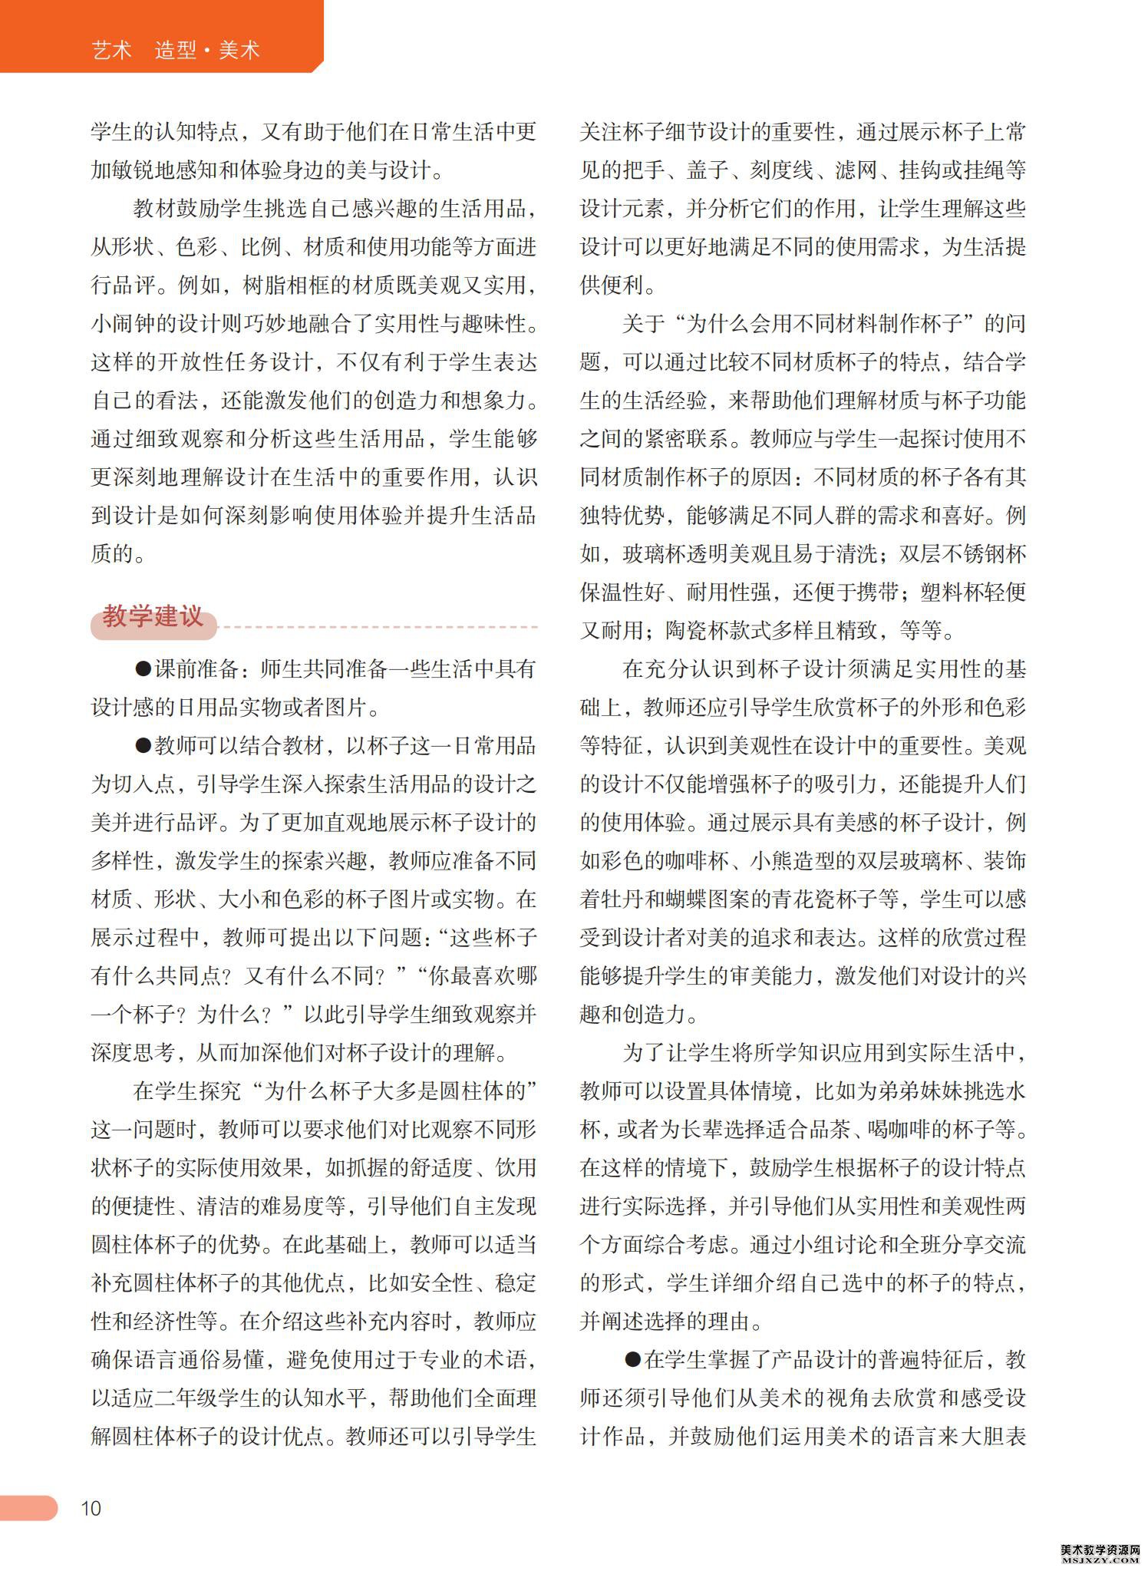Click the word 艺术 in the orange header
coord(111,51)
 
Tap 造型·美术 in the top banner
coord(207,51)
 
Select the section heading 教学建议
coord(153,616)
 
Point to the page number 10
coord(91,1508)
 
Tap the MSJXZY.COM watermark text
coord(1100,1560)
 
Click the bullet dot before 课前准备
coord(143,668)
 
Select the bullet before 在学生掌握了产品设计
coord(632,1360)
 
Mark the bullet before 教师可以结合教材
coord(143,745)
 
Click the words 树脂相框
coord(285,285)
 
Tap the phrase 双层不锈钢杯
coord(963,554)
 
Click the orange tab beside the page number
coord(28,1507)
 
